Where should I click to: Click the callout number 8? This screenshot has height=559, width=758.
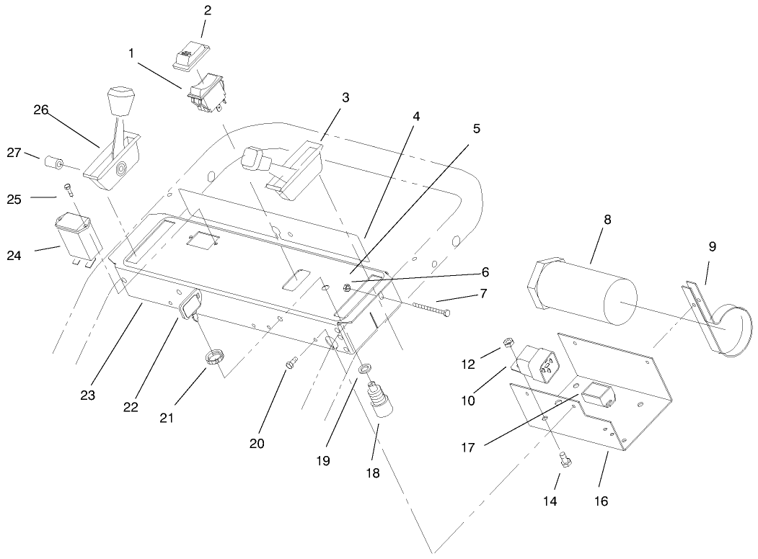(607, 220)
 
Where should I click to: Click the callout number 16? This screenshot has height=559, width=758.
(600, 500)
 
